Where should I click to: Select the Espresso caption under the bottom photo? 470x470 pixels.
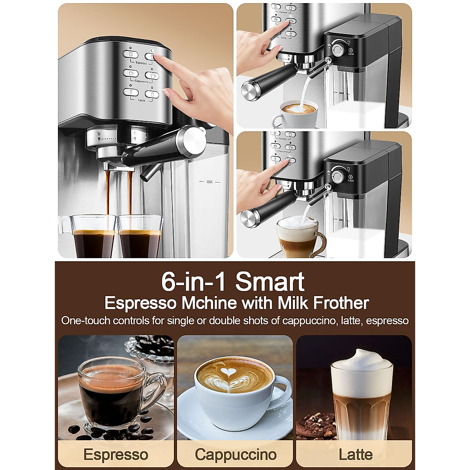point(116,455)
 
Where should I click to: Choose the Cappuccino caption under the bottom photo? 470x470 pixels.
point(235,455)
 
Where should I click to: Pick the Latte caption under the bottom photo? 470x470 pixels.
point(356,455)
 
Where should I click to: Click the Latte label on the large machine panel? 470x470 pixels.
point(141,100)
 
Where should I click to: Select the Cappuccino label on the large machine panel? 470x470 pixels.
point(141,81)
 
